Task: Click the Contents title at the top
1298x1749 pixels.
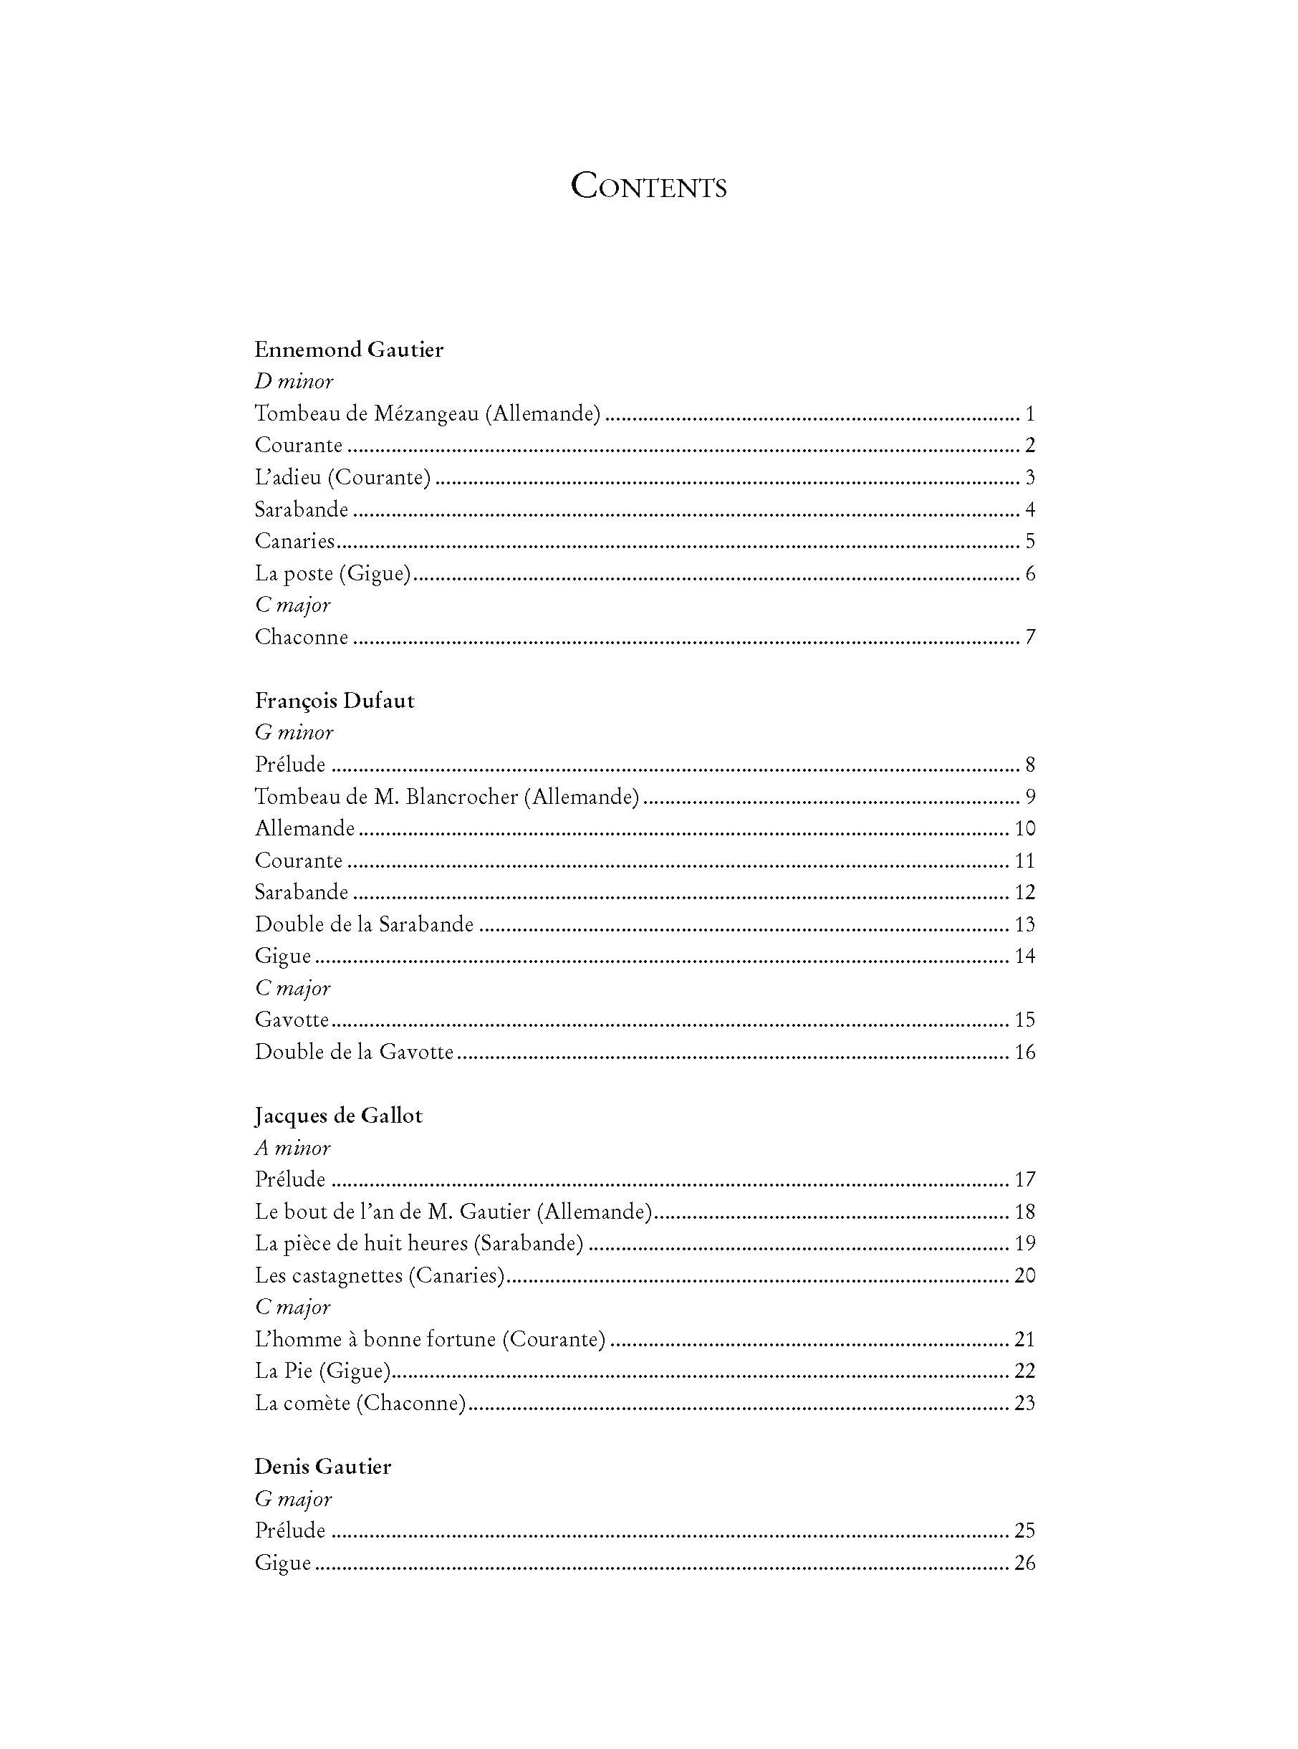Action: coord(648,186)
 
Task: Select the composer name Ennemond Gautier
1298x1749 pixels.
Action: coord(349,350)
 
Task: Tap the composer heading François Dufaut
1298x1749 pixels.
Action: coord(335,701)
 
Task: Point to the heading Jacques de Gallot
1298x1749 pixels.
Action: coord(339,1116)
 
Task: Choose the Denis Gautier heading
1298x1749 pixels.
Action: coord(323,1467)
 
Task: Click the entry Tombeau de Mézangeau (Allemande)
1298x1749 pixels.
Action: coord(428,413)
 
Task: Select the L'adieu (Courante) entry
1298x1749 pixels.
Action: coord(342,478)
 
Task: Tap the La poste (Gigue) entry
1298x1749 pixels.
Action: coord(333,574)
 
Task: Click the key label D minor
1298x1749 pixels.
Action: coord(294,382)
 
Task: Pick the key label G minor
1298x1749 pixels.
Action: coord(294,733)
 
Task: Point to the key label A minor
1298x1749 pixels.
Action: coord(292,1148)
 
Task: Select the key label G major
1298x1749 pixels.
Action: coord(293,1499)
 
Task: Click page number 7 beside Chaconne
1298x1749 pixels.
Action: coord(1030,637)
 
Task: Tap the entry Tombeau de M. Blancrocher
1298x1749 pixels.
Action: coord(447,797)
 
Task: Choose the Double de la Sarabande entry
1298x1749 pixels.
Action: coord(365,925)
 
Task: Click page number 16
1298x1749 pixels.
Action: coord(1024,1052)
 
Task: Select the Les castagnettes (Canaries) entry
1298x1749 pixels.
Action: coord(380,1275)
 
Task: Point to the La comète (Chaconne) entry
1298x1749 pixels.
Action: coord(360,1404)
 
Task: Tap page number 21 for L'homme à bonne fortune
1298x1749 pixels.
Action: coord(1024,1340)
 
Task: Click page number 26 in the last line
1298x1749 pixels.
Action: coord(1024,1563)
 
